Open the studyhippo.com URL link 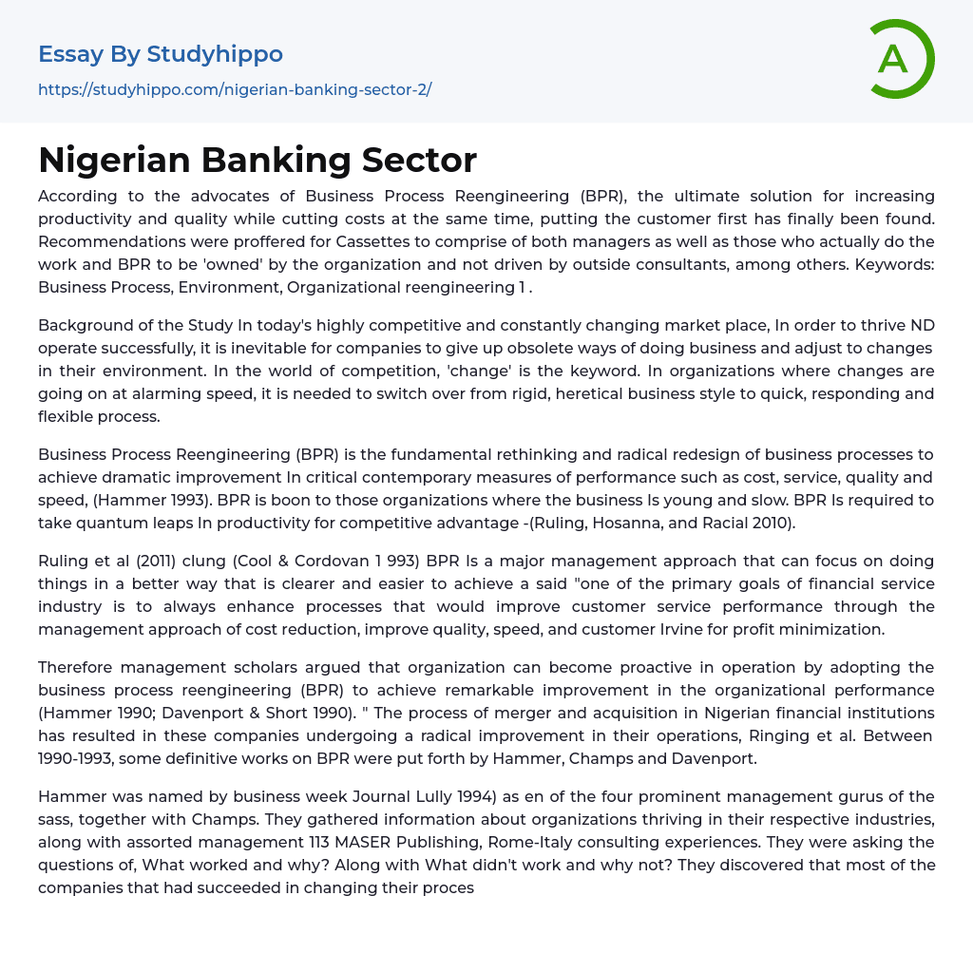pos(235,90)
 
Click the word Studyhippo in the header pos(215,54)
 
